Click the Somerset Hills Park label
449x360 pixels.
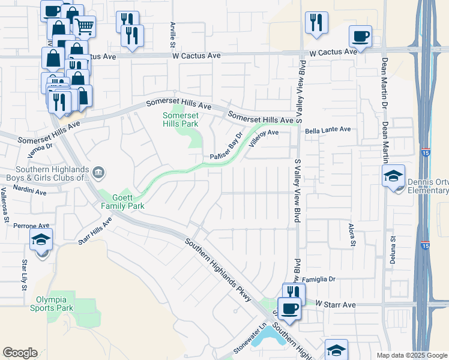180,119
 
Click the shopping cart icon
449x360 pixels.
85,26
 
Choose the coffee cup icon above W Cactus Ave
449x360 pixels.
360,35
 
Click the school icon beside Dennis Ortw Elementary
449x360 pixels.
393,176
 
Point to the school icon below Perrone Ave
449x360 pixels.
41,241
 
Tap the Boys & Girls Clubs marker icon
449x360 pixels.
99,173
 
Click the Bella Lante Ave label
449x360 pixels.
328,129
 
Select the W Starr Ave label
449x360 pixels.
336,305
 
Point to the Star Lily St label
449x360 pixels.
25,275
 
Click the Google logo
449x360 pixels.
20,353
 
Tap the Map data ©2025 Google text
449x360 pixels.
411,355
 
